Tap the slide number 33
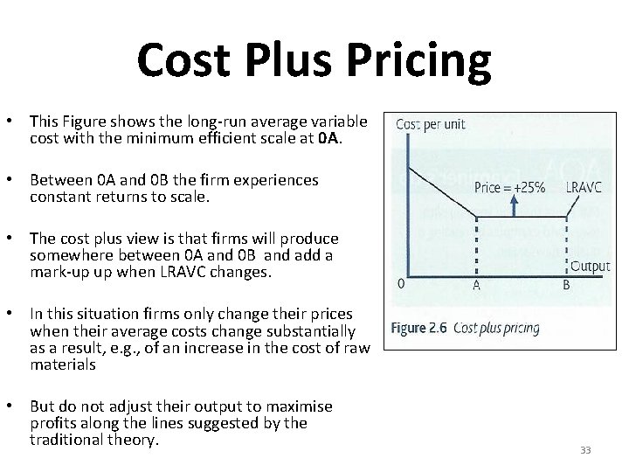585,450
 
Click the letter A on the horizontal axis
476,284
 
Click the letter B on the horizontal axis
567,284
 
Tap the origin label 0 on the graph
400,283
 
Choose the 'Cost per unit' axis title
432,124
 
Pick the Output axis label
590,267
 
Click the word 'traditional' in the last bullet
66,440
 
